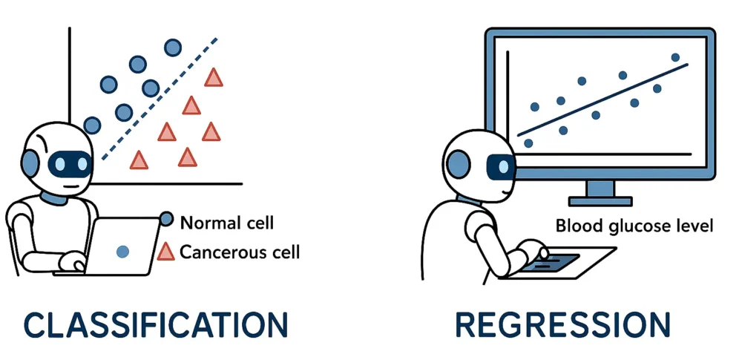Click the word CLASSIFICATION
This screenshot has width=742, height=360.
156,324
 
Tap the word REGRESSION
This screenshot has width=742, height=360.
562,324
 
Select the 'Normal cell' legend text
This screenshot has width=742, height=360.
227,223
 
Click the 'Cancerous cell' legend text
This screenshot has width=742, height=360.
240,252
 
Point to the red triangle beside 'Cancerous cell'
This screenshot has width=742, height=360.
165,252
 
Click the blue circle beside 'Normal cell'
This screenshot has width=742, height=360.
166,219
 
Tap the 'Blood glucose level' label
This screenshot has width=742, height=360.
634,226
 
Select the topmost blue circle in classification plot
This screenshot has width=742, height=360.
173,48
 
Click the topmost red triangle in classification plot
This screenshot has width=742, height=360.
214,78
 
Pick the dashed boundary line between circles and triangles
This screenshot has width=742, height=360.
160,99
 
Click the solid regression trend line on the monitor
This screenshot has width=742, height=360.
603,100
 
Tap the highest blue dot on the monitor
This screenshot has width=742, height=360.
675,57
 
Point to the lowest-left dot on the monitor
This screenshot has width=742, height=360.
528,143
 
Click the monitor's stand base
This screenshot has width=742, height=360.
600,201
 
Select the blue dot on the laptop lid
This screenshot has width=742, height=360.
122,252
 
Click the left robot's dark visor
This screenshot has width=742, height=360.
70,164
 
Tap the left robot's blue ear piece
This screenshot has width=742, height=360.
30,163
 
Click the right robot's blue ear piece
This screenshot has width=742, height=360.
458,163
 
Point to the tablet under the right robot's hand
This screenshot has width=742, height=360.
559,263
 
